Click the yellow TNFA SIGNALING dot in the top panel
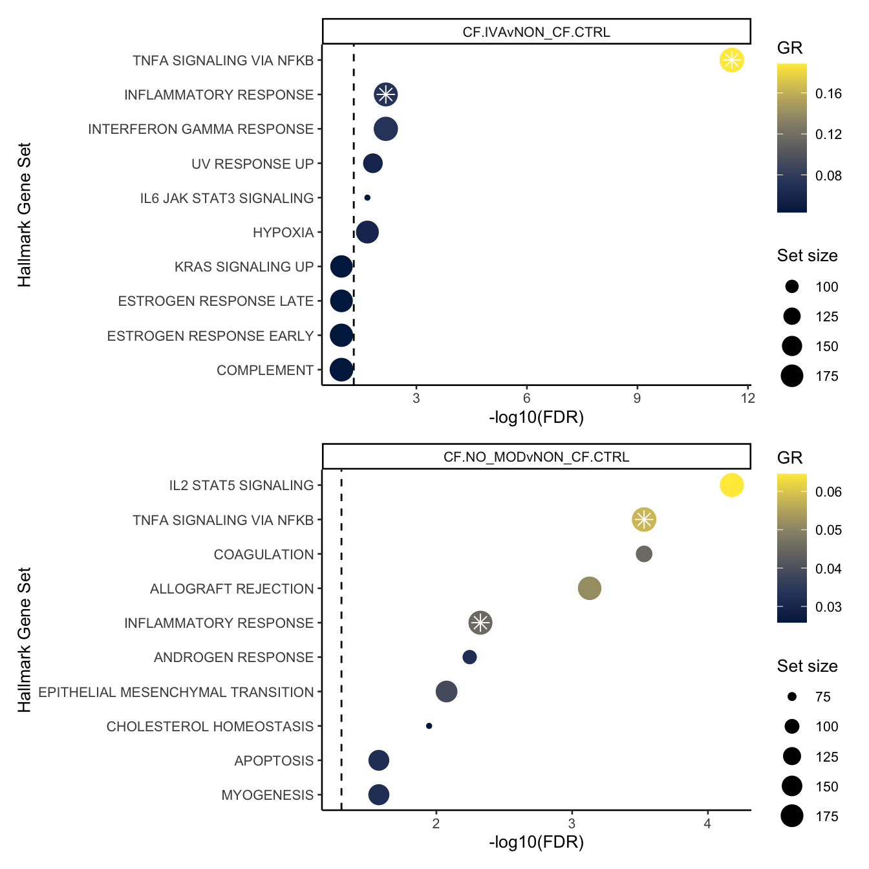[731, 60]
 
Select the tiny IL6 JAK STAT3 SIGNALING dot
[367, 198]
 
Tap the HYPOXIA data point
[367, 232]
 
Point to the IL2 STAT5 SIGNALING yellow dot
[731, 485]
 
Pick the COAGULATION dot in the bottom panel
[643, 554]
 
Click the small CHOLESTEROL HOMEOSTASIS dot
[429, 726]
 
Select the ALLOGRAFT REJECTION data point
[589, 588]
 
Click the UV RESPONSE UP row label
[252, 164]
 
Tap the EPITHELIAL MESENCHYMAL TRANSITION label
[176, 692]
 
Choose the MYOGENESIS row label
[267, 795]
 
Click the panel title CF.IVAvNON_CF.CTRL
[536, 32]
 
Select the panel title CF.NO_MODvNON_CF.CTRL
[536, 457]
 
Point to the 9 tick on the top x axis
[637, 398]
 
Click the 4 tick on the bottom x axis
[707, 823]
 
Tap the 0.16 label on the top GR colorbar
[828, 94]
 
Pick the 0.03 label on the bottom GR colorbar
[828, 607]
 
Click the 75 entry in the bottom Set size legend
[822, 697]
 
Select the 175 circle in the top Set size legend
[791, 376]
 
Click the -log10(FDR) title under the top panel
[536, 418]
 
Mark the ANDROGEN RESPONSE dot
[469, 657]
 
